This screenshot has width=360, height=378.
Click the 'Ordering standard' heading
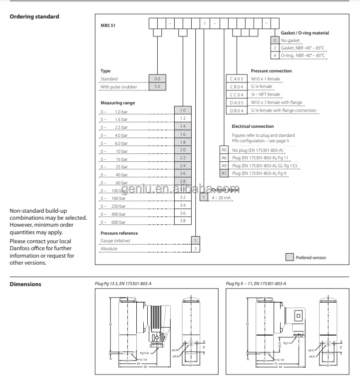[34, 16]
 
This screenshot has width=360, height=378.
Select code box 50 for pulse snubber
[157, 87]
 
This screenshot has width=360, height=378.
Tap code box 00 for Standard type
[157, 79]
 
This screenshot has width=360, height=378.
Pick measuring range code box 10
[183, 110]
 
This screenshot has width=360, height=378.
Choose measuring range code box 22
[183, 158]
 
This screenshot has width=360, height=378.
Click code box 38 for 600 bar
[183, 221]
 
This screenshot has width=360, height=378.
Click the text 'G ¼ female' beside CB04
[262, 87]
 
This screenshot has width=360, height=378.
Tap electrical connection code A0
[224, 150]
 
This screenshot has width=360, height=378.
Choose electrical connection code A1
[224, 173]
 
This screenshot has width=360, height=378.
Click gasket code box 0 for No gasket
[275, 40]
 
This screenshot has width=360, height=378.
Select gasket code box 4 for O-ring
[275, 55]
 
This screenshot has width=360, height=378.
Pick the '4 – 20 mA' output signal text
[222, 198]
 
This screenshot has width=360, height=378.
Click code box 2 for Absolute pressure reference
[196, 248]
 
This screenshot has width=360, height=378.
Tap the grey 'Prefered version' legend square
[289, 257]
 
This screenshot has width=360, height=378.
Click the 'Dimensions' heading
[25, 285]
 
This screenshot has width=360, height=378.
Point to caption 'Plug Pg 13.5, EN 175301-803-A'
[124, 284]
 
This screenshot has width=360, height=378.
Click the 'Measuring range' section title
[118, 102]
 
